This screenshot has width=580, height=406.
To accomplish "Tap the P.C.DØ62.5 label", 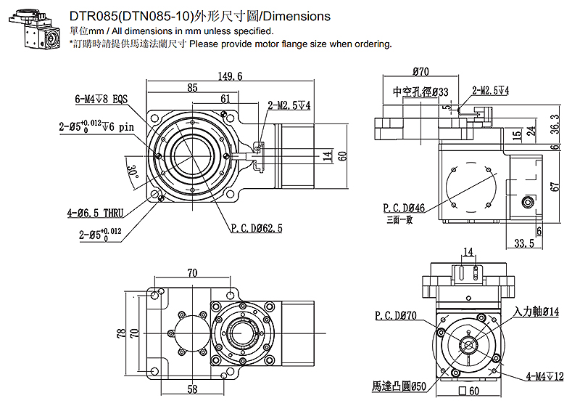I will [x=257, y=228].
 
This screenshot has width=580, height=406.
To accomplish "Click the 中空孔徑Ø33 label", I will [x=420, y=92].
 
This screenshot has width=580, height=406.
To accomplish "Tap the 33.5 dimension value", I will [x=523, y=243].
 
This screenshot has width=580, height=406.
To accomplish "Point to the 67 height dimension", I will [x=555, y=187].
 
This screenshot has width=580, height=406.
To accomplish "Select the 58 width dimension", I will [x=192, y=389].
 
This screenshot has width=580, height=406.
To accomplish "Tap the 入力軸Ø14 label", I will [x=536, y=312].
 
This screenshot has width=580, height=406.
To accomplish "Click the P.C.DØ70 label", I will [x=396, y=317].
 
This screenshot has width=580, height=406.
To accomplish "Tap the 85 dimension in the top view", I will [x=192, y=88].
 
